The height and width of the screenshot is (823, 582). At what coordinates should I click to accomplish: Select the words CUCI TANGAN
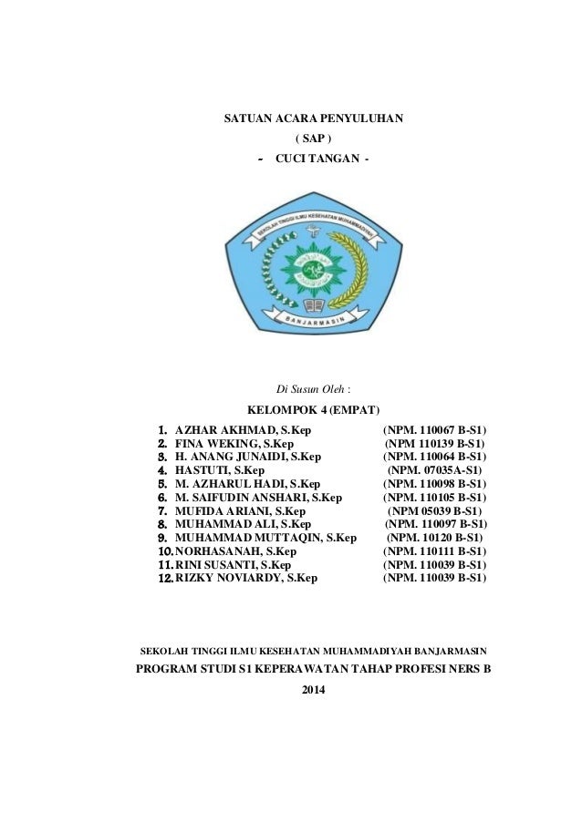tap(323, 161)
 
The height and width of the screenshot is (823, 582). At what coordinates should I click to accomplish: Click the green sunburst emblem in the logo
tap(313, 269)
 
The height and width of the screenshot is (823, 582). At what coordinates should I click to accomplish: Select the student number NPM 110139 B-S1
tap(434, 443)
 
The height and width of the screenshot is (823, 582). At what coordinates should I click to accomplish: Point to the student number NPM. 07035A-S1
tap(436, 470)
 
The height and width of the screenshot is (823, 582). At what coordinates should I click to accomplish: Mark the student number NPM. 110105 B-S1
tap(434, 498)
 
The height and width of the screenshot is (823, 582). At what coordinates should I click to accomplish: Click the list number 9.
tap(161, 539)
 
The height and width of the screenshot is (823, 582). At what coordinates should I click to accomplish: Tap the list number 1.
tap(161, 429)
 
